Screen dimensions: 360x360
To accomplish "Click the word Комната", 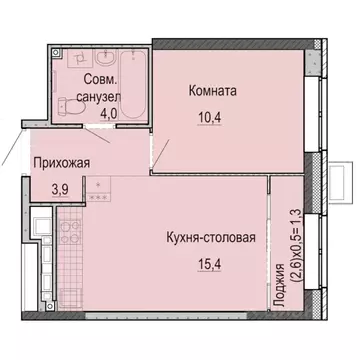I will click(212, 90).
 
